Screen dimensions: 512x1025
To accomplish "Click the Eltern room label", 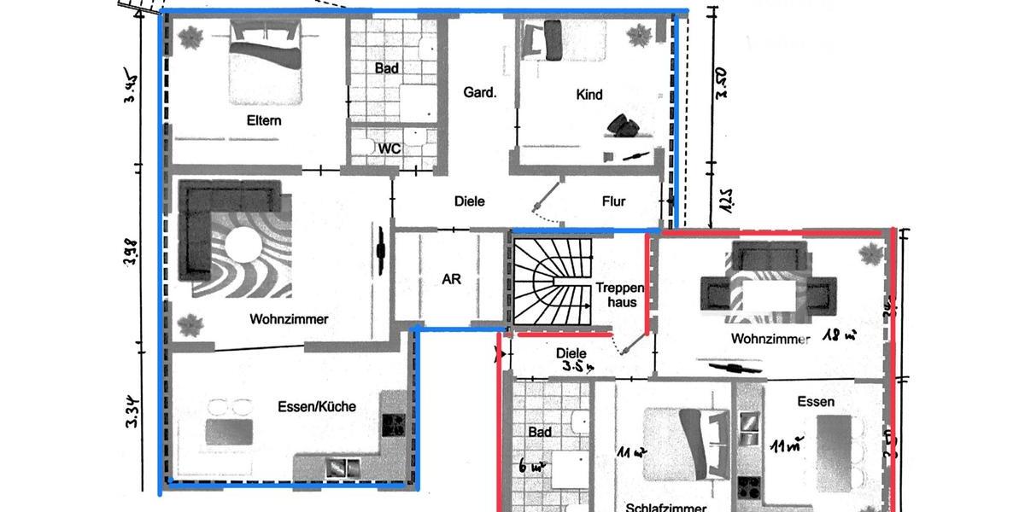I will [x=264, y=121].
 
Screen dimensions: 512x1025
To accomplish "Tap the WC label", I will [x=389, y=148].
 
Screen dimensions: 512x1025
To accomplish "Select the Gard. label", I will [x=479, y=92].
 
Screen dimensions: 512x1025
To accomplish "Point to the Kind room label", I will [x=589, y=95].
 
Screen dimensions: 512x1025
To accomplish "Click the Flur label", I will [x=613, y=201].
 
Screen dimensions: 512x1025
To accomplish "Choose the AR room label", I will [x=451, y=279].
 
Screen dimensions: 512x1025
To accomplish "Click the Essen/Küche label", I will [x=316, y=406].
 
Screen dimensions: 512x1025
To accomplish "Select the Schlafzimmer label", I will [x=665, y=506].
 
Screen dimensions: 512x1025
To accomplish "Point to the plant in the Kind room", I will [x=638, y=37].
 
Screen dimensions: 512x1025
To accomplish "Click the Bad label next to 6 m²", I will [x=539, y=433].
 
